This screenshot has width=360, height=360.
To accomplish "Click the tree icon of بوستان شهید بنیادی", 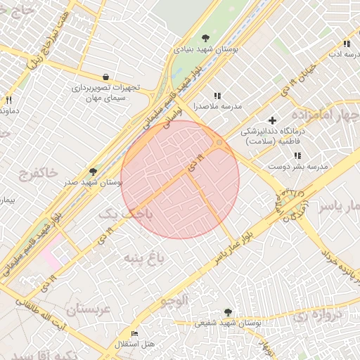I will (205, 39).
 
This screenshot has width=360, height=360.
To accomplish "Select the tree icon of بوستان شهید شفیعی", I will (227, 311).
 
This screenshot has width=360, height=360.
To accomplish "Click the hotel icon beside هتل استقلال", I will (135, 333).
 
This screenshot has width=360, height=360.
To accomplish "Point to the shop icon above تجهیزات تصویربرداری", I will (105, 77).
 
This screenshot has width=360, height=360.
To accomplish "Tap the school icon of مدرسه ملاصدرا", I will (217, 96).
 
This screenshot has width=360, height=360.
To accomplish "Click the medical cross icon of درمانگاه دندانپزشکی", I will (273, 120).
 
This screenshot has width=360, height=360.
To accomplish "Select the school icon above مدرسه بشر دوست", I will (297, 155).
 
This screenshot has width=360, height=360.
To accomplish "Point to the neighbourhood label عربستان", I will (89, 309).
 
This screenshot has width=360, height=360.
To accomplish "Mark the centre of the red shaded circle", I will (180, 179).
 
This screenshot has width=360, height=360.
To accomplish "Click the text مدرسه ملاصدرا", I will (217, 106).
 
